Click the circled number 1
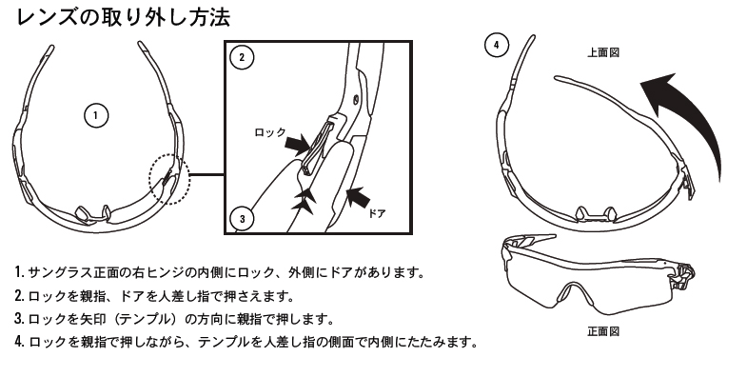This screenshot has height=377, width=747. point(96,116)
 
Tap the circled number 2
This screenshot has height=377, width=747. point(242,58)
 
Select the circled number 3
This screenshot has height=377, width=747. point(242,219)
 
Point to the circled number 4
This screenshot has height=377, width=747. point(497,46)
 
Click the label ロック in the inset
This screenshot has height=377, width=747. point(270,132)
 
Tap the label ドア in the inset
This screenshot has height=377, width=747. point(377,213)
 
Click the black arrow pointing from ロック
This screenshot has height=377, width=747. point(297,145)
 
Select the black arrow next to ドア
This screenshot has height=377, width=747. point(358,196)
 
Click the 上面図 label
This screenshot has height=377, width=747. point(603,52)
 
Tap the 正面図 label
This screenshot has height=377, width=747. point(603,330)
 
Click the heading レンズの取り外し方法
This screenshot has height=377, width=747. point(124,18)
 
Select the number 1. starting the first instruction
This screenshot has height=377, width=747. point(20,272)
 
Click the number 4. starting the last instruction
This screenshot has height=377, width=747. point(20,342)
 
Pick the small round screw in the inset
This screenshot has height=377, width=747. point(355,100)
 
